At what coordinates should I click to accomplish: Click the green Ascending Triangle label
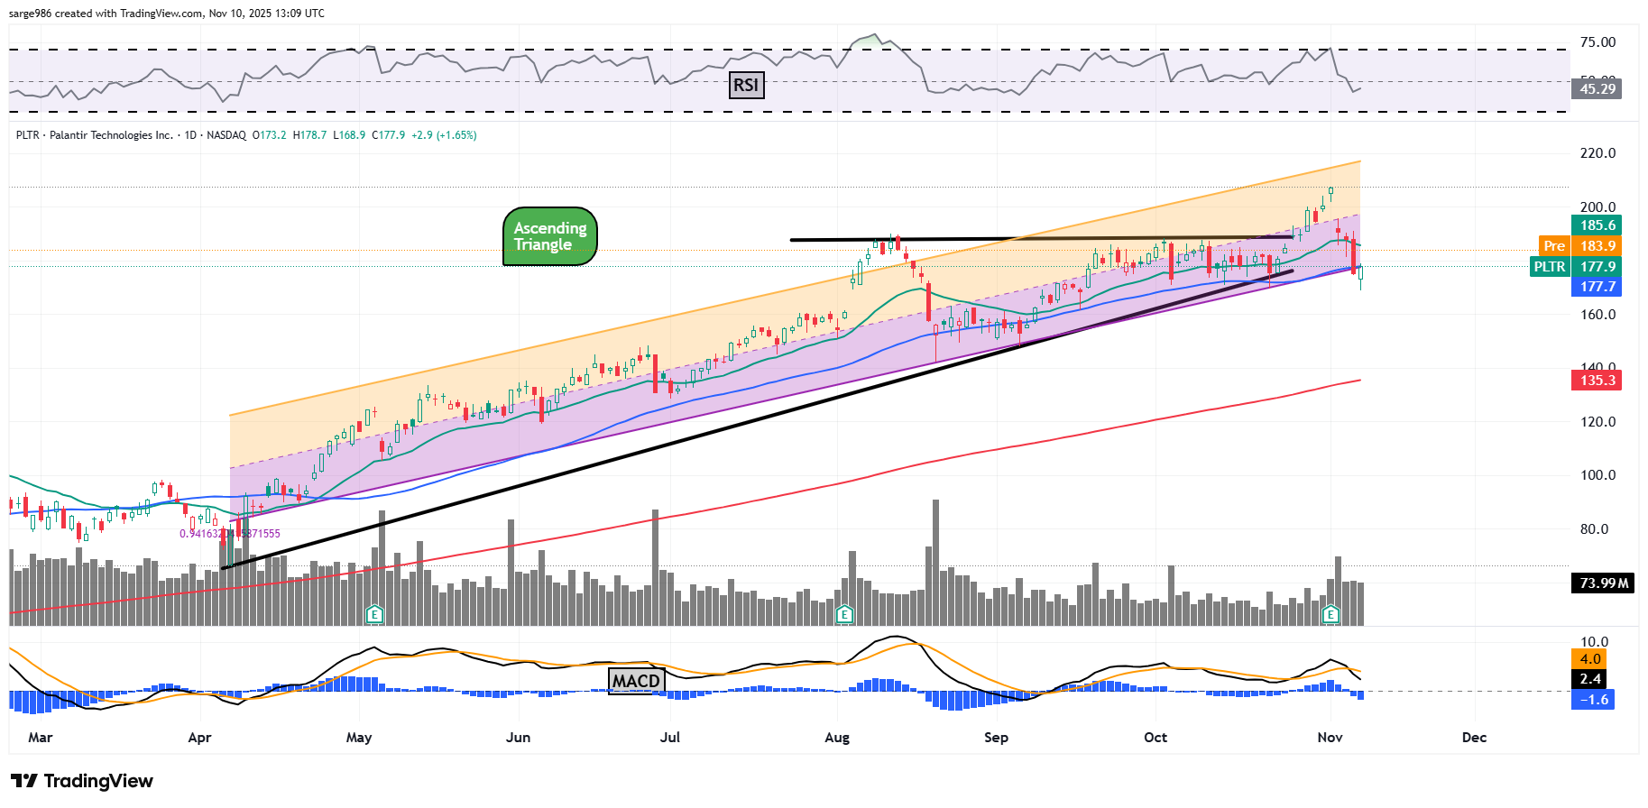[x=549, y=236]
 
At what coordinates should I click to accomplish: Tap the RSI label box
[x=746, y=86]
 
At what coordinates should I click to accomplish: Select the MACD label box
[x=637, y=681]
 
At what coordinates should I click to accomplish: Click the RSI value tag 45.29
[x=1597, y=88]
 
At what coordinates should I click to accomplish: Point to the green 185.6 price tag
[x=1597, y=225]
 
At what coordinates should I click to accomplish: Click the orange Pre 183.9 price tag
[x=1579, y=246]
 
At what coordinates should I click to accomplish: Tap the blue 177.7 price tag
[x=1597, y=287]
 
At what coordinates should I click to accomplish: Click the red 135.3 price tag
[x=1597, y=381]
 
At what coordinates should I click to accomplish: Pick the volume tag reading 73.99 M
[x=1603, y=583]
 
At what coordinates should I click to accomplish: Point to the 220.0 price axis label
[x=1597, y=153]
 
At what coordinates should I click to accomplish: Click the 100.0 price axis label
[x=1597, y=475]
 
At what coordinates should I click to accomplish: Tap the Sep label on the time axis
[x=996, y=738]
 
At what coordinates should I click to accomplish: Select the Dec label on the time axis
[x=1474, y=738]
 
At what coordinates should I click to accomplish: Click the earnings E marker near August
[x=844, y=615]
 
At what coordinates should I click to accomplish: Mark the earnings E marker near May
[x=375, y=615]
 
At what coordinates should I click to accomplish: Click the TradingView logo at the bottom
[x=82, y=781]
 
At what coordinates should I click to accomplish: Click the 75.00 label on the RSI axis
[x=1597, y=42]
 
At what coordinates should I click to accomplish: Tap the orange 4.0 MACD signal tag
[x=1590, y=659]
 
